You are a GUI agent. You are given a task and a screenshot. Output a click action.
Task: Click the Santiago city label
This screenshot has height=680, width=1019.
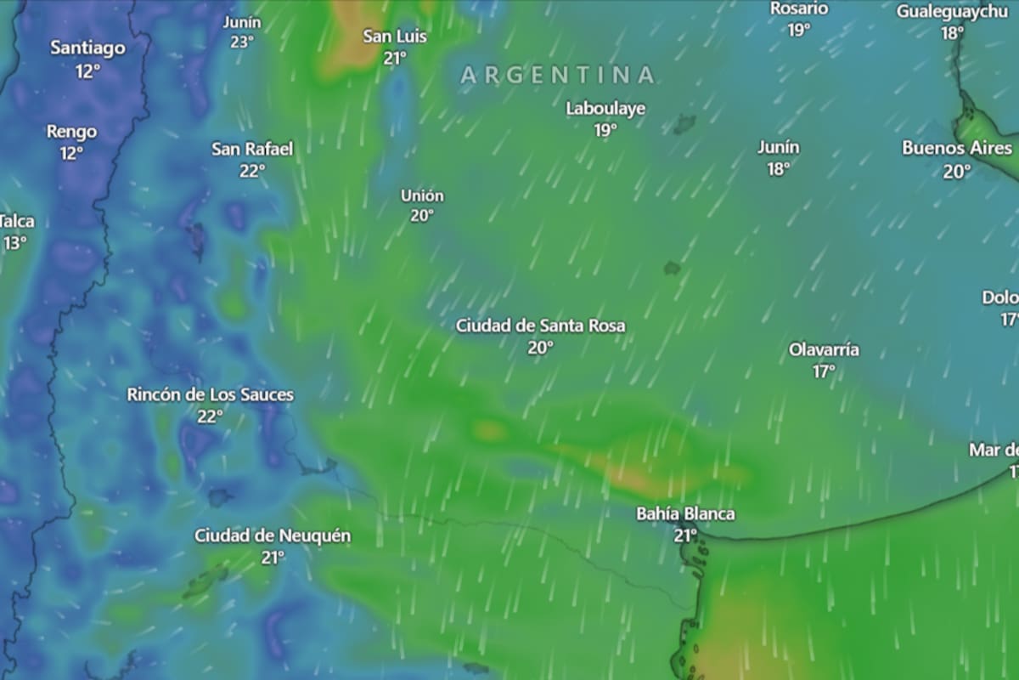click(87, 48)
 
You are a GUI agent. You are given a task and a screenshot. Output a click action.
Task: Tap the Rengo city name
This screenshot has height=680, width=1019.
click(71, 132)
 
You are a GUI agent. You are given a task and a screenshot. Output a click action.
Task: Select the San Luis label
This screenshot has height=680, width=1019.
click(395, 37)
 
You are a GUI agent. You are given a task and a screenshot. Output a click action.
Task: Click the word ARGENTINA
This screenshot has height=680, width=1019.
click(558, 75)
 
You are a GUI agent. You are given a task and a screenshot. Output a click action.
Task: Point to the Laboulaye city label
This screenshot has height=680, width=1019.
click(605, 109)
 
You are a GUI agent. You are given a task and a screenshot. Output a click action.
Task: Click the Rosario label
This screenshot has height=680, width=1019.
click(798, 8)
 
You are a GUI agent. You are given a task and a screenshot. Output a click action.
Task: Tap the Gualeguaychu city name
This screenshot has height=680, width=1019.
click(952, 12)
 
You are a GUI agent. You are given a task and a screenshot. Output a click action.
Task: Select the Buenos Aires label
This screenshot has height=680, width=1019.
click(956, 149)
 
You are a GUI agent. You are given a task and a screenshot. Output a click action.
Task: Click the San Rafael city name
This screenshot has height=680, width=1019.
click(252, 150)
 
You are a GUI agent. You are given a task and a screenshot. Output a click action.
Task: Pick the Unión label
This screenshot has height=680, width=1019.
click(422, 195)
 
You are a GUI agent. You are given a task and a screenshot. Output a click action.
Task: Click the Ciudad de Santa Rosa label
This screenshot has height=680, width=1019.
click(540, 326)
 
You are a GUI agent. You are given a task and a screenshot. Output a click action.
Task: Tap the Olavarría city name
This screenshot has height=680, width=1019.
click(824, 349)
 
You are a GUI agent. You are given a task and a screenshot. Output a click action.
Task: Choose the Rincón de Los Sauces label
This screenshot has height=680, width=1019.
click(210, 394)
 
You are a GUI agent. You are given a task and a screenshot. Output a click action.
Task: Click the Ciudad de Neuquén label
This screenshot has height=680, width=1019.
click(273, 536)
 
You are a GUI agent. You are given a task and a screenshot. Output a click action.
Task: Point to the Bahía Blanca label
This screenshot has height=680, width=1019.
click(685, 514)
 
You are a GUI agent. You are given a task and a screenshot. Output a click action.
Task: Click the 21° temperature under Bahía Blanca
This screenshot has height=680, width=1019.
click(685, 535)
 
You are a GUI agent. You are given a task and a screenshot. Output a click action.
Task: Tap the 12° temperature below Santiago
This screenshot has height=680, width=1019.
click(87, 71)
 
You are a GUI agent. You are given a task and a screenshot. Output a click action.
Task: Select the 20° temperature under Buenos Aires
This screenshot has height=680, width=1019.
click(956, 172)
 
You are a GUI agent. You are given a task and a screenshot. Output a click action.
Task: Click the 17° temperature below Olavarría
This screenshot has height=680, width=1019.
click(824, 371)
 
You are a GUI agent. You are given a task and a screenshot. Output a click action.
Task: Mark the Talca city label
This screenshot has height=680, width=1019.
click(17, 222)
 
